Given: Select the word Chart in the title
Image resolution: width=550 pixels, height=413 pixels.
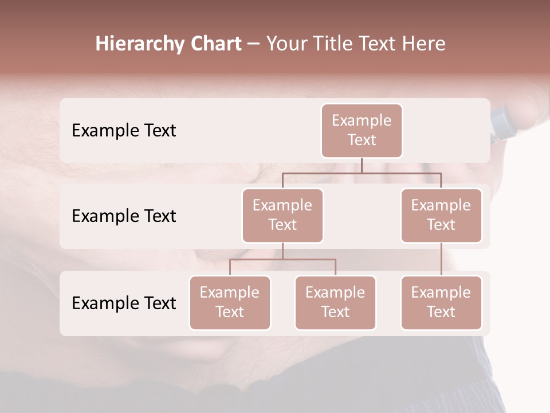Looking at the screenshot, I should click(215, 44).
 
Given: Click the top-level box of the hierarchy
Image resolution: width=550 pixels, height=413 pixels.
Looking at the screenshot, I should click(362, 130).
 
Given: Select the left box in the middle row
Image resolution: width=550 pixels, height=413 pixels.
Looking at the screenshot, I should click(282, 215).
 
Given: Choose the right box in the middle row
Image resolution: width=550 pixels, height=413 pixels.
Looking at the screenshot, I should click(441, 215).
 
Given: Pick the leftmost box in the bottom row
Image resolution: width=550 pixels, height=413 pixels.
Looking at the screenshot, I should click(230, 302).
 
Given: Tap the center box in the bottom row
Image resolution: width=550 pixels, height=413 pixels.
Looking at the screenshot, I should click(335, 302).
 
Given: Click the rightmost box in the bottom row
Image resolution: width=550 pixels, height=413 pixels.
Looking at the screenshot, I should click(441, 302).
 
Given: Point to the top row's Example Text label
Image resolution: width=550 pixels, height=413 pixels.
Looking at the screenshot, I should click(124, 131).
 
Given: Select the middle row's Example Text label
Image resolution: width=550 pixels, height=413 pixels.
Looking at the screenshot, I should click(124, 216).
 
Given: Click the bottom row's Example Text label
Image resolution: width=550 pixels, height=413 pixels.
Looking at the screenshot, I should click(124, 303).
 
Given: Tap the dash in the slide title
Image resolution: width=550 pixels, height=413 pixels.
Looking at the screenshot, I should click(253, 44).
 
